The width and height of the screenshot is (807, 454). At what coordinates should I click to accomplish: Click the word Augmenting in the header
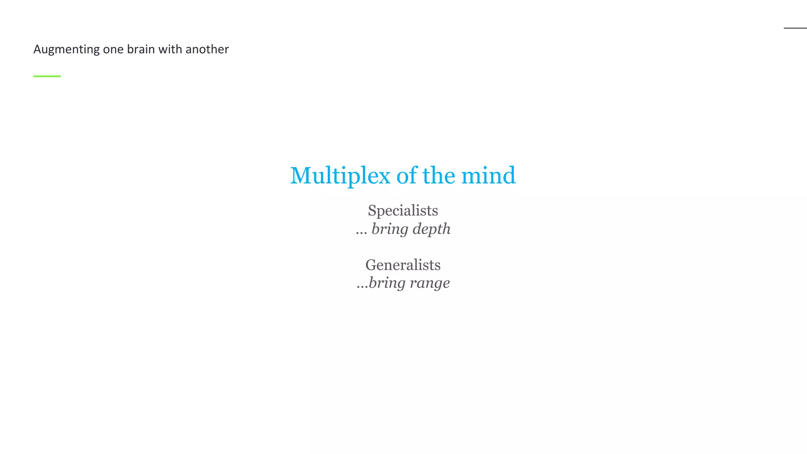(x=66, y=50)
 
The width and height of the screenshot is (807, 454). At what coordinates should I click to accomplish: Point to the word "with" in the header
(x=170, y=49)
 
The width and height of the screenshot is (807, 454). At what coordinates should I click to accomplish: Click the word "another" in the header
(x=207, y=49)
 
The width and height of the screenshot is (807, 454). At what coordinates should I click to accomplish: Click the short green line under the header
(x=47, y=76)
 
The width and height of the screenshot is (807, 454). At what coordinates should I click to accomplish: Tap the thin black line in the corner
(x=795, y=28)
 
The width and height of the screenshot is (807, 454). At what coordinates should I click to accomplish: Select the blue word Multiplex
(x=340, y=176)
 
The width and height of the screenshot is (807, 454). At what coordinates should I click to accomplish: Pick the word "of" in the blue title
(x=406, y=175)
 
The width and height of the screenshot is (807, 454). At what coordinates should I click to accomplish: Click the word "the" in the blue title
(x=439, y=175)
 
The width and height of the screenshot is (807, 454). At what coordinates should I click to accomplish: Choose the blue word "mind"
(x=488, y=175)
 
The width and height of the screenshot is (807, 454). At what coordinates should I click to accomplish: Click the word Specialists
(x=403, y=210)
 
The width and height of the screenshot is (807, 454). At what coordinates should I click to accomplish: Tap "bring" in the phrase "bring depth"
(x=389, y=229)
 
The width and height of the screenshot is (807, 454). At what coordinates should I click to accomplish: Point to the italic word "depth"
(x=431, y=229)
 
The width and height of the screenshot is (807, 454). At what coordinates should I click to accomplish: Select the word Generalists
(x=403, y=265)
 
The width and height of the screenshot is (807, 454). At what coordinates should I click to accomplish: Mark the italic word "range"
(x=430, y=283)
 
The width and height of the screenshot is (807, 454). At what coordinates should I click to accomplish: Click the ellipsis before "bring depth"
(x=361, y=233)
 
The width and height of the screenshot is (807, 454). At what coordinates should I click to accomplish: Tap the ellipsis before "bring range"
(x=362, y=287)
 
